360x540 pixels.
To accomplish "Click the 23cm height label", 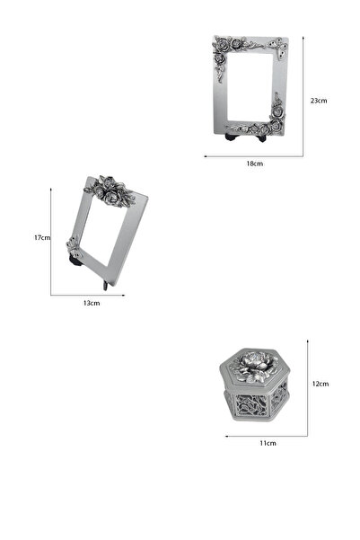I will (x=318, y=101).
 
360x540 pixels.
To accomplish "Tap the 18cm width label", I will (x=254, y=164).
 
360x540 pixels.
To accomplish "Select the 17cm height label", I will (x=40, y=238).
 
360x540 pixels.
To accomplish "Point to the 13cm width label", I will (x=91, y=303).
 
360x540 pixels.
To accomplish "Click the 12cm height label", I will (x=320, y=384).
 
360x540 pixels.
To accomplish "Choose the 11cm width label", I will (x=268, y=443).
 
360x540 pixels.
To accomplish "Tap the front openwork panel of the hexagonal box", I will (x=251, y=403).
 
